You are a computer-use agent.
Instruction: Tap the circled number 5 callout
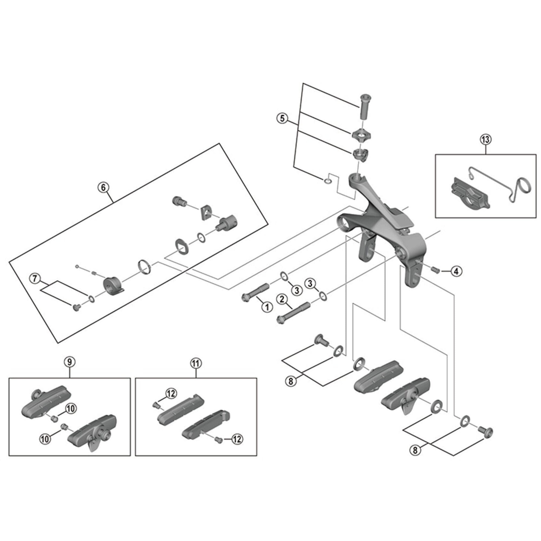tap(282, 118)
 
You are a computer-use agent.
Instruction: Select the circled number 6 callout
tap(103, 187)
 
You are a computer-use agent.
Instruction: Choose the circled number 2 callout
tap(282, 299)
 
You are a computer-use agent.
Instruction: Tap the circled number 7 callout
tap(34, 278)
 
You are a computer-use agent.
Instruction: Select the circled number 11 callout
tap(196, 363)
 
